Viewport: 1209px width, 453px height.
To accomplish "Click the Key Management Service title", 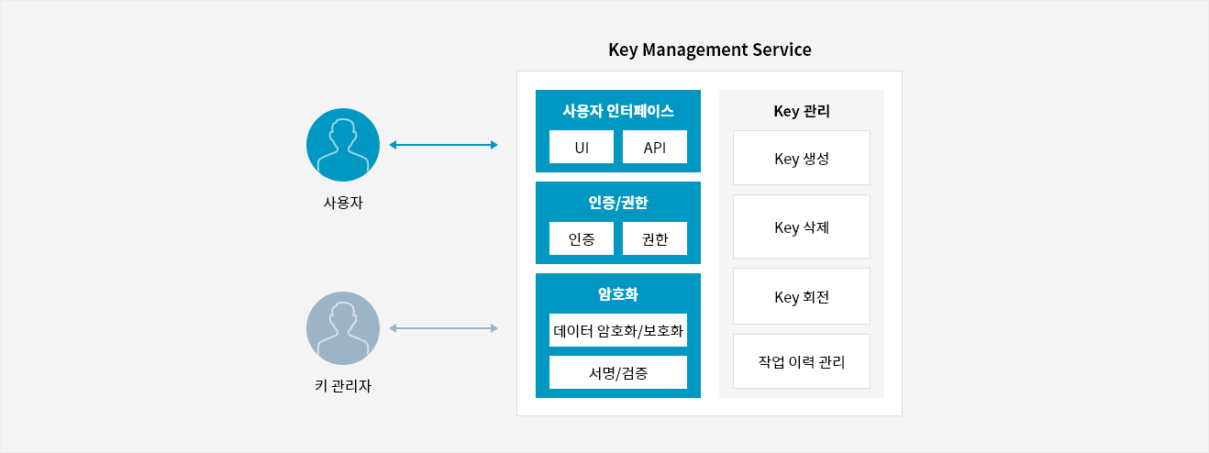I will tap(709, 50).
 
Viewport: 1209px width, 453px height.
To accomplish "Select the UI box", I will tap(582, 147).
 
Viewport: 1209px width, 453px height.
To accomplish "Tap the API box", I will tap(654, 147).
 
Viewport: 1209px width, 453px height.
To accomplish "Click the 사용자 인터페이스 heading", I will tap(617, 111).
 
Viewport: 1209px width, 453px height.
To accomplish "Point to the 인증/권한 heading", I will tap(617, 203).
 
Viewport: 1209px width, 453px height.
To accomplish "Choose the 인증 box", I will tap(582, 238).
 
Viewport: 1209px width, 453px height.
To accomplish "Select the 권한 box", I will tap(654, 238).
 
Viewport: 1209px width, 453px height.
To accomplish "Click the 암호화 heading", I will tap(617, 294).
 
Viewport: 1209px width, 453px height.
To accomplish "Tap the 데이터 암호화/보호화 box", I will tap(617, 330).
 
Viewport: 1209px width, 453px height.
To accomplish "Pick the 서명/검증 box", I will tap(617, 372).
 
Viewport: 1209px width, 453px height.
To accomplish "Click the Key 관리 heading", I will tap(801, 111).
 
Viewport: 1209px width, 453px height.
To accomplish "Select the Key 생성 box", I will tap(801, 158).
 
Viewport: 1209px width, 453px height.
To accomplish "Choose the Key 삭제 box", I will tap(801, 226).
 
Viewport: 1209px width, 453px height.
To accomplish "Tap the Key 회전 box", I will tap(801, 296).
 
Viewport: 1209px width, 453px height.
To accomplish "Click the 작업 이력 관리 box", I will tap(801, 361).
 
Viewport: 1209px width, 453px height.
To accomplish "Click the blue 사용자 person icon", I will tap(343, 145).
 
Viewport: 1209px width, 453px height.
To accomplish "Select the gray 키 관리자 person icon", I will tap(343, 328).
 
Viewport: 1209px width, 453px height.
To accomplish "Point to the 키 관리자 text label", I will tap(343, 386).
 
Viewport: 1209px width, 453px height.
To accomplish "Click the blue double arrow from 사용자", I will tap(443, 145).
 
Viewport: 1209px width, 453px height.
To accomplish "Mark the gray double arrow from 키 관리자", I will tap(443, 328).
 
